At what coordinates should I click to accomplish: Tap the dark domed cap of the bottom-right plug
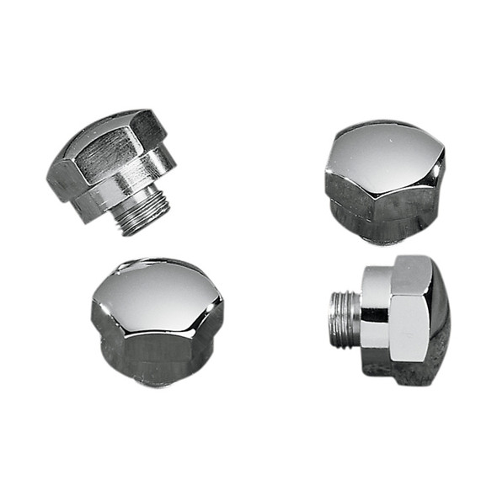click(x=439, y=324)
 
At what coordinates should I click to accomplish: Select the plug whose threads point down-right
click(x=114, y=168)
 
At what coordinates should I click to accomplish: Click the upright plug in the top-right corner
click(x=383, y=181)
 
